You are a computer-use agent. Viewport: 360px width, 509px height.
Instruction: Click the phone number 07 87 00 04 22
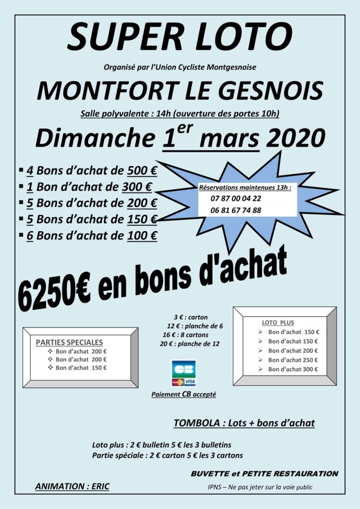[236, 198]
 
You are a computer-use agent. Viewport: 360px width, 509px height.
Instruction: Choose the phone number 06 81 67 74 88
[236, 210]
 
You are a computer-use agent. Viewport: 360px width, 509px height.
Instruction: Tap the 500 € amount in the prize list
[142, 171]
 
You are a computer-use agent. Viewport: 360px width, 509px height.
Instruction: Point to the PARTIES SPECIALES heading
[70, 342]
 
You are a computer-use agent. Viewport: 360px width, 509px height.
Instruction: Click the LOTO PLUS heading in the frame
[277, 322]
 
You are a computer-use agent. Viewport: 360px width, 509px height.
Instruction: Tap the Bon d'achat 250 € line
[293, 360]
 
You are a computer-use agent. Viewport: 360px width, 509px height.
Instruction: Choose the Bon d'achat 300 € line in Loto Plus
[293, 369]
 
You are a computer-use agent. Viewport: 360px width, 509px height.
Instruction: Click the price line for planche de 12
[189, 343]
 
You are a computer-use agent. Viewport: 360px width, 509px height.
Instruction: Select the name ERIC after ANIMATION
[98, 486]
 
